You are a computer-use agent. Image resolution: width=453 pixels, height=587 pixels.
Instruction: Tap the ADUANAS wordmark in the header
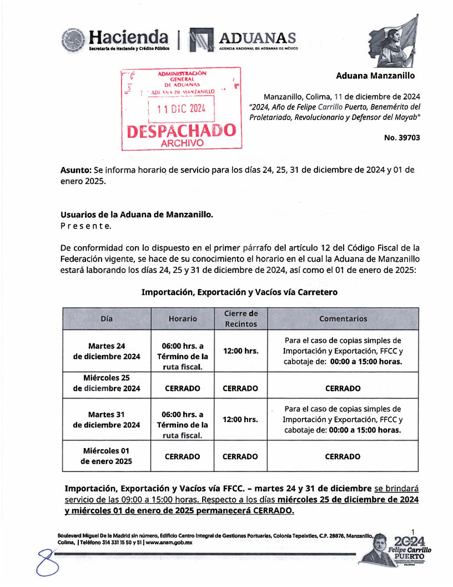coord(258,38)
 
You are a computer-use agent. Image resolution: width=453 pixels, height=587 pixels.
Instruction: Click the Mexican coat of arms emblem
coord(73,39)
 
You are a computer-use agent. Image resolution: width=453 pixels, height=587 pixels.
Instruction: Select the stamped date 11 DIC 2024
coord(181,109)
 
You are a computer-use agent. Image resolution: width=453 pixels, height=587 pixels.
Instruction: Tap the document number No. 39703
coord(402,137)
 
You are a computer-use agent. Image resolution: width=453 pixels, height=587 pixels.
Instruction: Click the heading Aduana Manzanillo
coord(375,76)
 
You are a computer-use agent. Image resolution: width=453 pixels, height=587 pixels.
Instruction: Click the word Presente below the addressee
coord(85,226)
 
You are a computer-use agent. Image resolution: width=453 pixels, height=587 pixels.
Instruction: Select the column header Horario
coord(183,319)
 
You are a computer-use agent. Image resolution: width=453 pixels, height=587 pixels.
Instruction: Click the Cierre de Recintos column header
coord(240,319)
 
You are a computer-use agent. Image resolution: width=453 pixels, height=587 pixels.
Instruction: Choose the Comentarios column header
coord(343,319)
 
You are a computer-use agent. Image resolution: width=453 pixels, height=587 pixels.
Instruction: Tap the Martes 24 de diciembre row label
coord(107,351)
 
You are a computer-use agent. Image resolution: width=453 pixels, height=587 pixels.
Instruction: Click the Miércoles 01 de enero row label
coord(107,456)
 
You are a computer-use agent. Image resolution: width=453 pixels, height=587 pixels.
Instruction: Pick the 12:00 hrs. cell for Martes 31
coord(240,419)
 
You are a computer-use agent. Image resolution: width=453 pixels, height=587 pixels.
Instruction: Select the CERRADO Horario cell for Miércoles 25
coord(183,389)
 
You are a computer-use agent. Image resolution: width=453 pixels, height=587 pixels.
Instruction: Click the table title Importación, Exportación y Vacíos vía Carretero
coord(239,291)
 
